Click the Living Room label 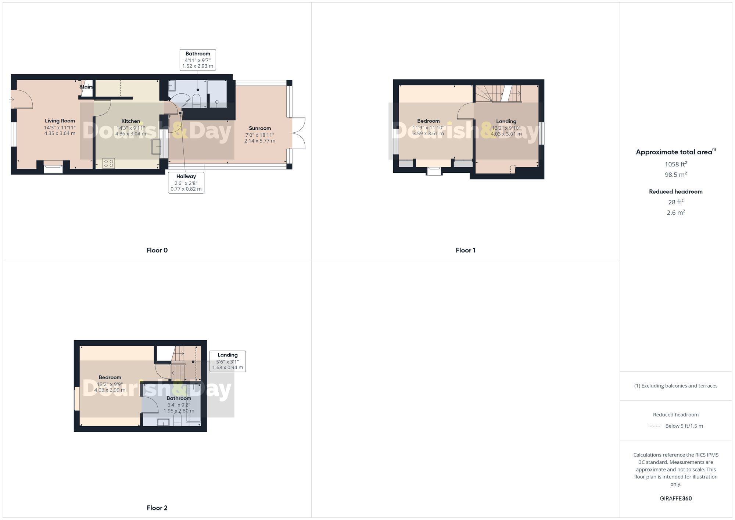coord(60,121)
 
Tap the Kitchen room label coord(131,121)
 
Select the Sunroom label coord(260,128)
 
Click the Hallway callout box coord(186,182)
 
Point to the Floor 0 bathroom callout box coord(198,60)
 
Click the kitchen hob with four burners coord(108,163)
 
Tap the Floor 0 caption coord(157,250)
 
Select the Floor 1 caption coord(465,250)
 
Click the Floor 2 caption coord(157,508)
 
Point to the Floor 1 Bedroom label coord(428,121)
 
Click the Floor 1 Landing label coord(506,121)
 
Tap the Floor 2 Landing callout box coord(227,361)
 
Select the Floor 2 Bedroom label coord(110,377)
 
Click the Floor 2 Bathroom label coord(179,398)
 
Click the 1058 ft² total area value coord(676,164)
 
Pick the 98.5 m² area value coord(676,175)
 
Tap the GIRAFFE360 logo coord(676,498)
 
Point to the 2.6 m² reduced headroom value coord(676,212)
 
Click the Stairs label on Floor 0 coord(86,87)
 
